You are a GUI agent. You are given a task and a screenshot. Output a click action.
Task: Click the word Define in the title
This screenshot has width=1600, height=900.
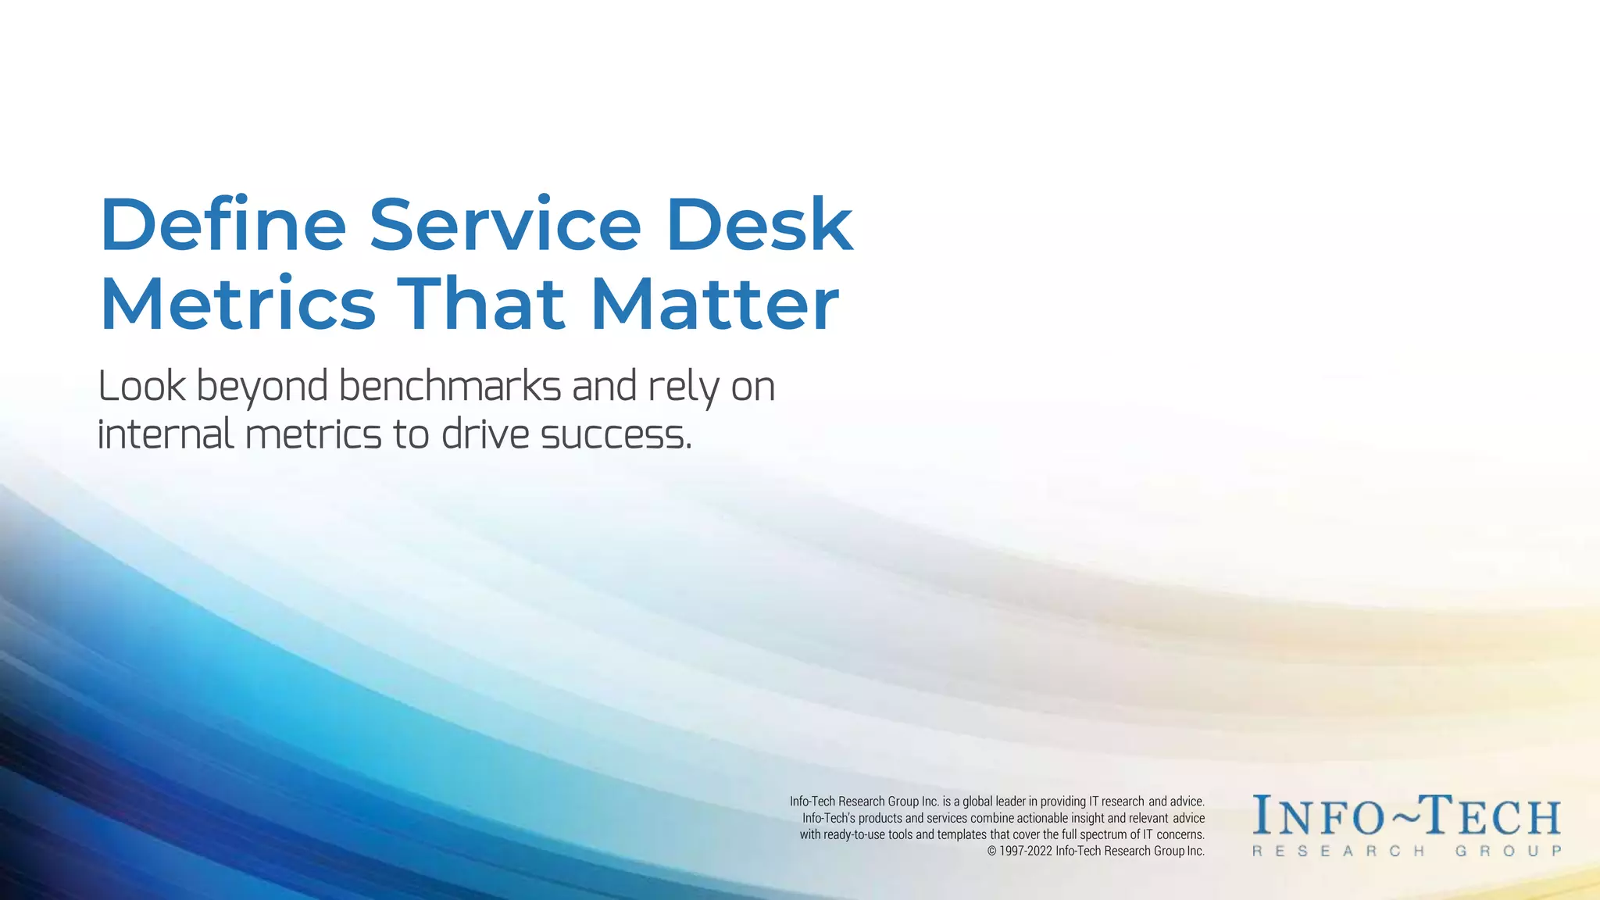[x=223, y=225]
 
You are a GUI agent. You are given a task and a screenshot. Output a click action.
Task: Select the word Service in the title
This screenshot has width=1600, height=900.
[x=505, y=225]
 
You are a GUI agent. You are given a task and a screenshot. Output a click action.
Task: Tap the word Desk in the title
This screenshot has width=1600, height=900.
[x=759, y=225]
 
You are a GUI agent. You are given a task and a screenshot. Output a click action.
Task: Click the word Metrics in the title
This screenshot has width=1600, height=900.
[x=237, y=305]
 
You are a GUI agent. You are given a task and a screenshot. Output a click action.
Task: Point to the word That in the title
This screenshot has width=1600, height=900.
[x=480, y=305]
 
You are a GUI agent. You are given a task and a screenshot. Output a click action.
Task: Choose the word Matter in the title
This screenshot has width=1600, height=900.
[x=714, y=305]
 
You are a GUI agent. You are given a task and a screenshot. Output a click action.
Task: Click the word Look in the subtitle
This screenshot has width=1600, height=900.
[x=141, y=387]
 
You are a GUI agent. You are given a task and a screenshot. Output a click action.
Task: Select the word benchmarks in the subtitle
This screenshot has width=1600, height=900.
[x=449, y=387]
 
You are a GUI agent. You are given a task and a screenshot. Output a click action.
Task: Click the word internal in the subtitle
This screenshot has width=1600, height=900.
[x=165, y=434]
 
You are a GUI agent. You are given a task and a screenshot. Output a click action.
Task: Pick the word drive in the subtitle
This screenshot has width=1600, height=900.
[x=485, y=434]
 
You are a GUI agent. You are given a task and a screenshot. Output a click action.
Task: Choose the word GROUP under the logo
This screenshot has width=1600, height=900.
[x=1507, y=851]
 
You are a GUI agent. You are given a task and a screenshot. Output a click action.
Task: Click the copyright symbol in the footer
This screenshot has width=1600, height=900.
[x=991, y=852]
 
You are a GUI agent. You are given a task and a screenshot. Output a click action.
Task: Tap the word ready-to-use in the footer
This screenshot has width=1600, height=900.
[x=854, y=834]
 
